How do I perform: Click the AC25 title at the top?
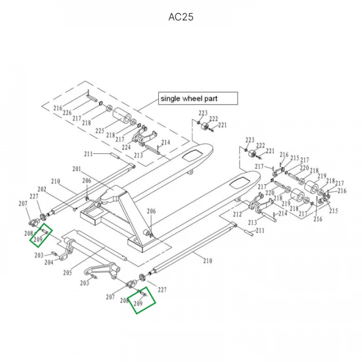pos(181,17)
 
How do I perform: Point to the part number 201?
pos(76,169)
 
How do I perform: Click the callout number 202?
pos(42,189)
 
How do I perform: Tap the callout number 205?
pos(68,273)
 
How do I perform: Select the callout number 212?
pos(237,214)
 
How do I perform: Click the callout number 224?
pos(126,148)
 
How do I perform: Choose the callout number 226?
pos(67,113)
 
